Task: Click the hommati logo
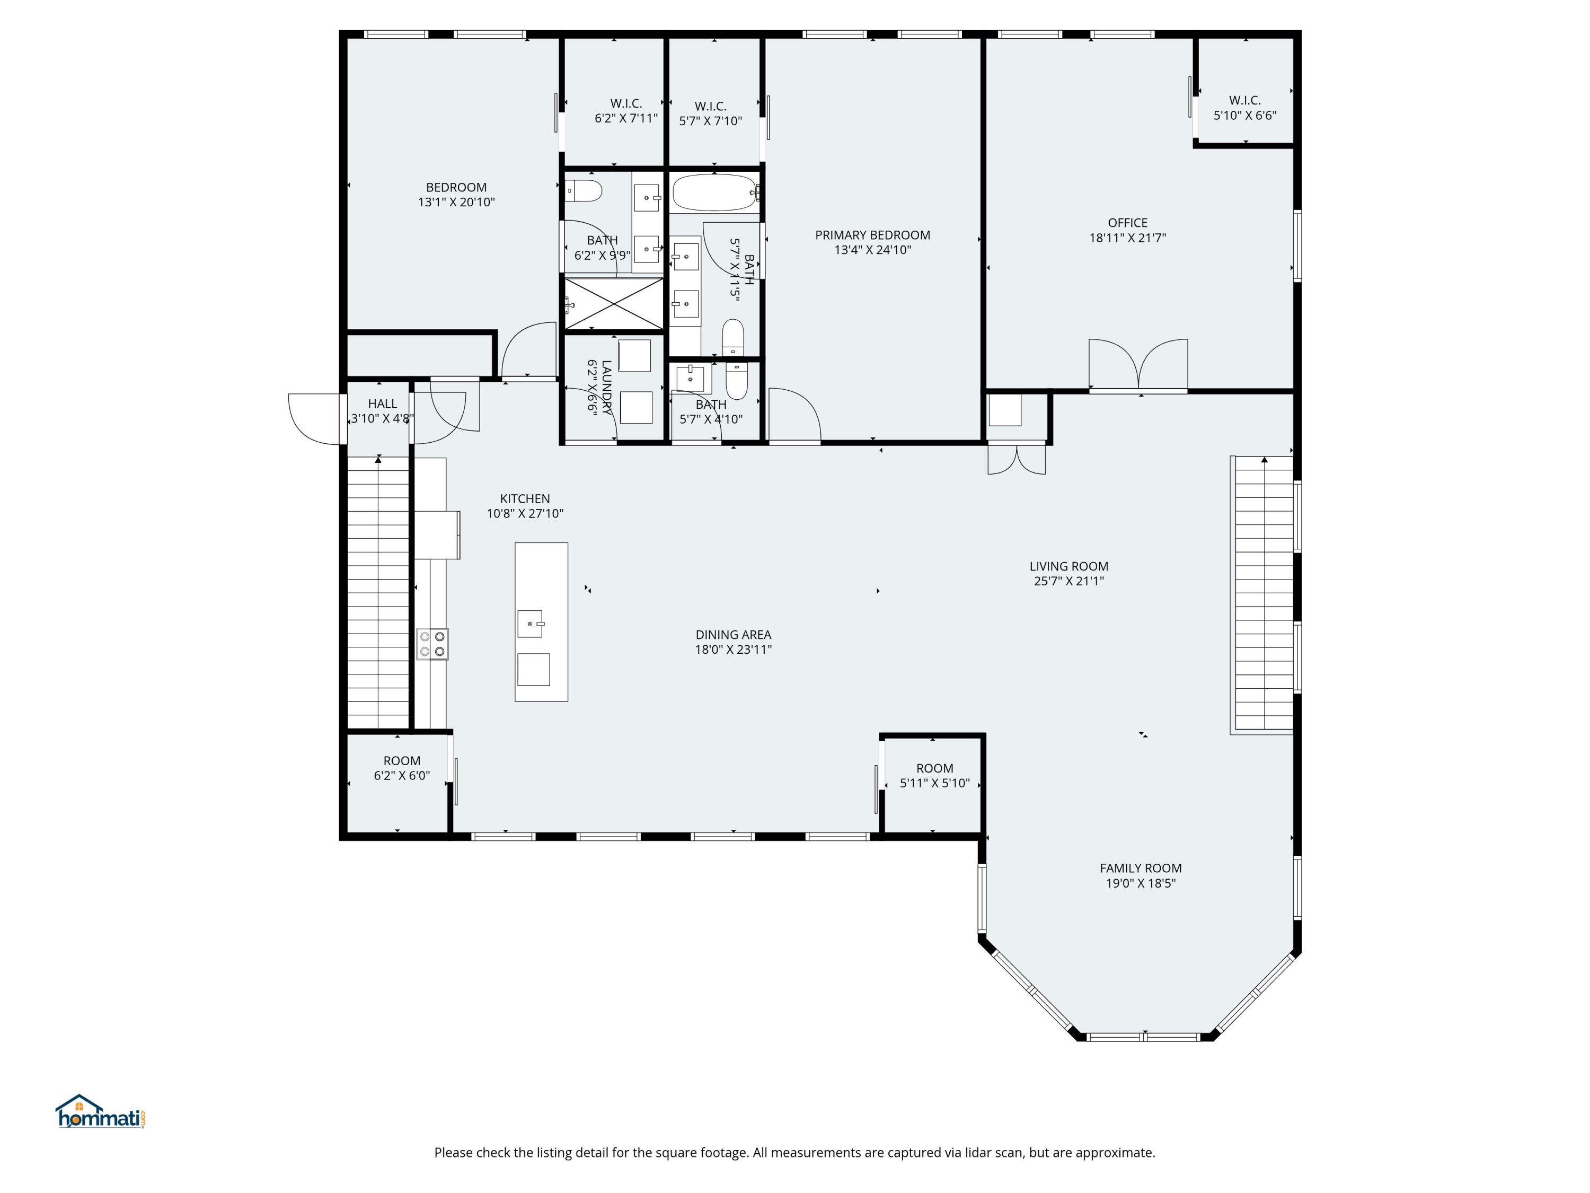[101, 1112]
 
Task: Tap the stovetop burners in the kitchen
[432, 644]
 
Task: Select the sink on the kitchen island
[531, 624]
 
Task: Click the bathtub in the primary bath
[714, 192]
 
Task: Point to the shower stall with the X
[614, 303]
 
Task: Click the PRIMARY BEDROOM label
[872, 235]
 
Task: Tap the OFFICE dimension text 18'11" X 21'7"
[1127, 238]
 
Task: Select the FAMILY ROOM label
[1141, 868]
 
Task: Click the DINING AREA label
[733, 634]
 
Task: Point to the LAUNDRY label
[607, 388]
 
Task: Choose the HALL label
[383, 403]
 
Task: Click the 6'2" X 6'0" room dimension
[402, 776]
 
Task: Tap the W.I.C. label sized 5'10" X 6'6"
[1245, 100]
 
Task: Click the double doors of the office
[1138, 365]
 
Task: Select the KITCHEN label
[525, 498]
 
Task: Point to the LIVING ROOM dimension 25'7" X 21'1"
[1069, 581]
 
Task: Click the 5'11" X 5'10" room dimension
[935, 783]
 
